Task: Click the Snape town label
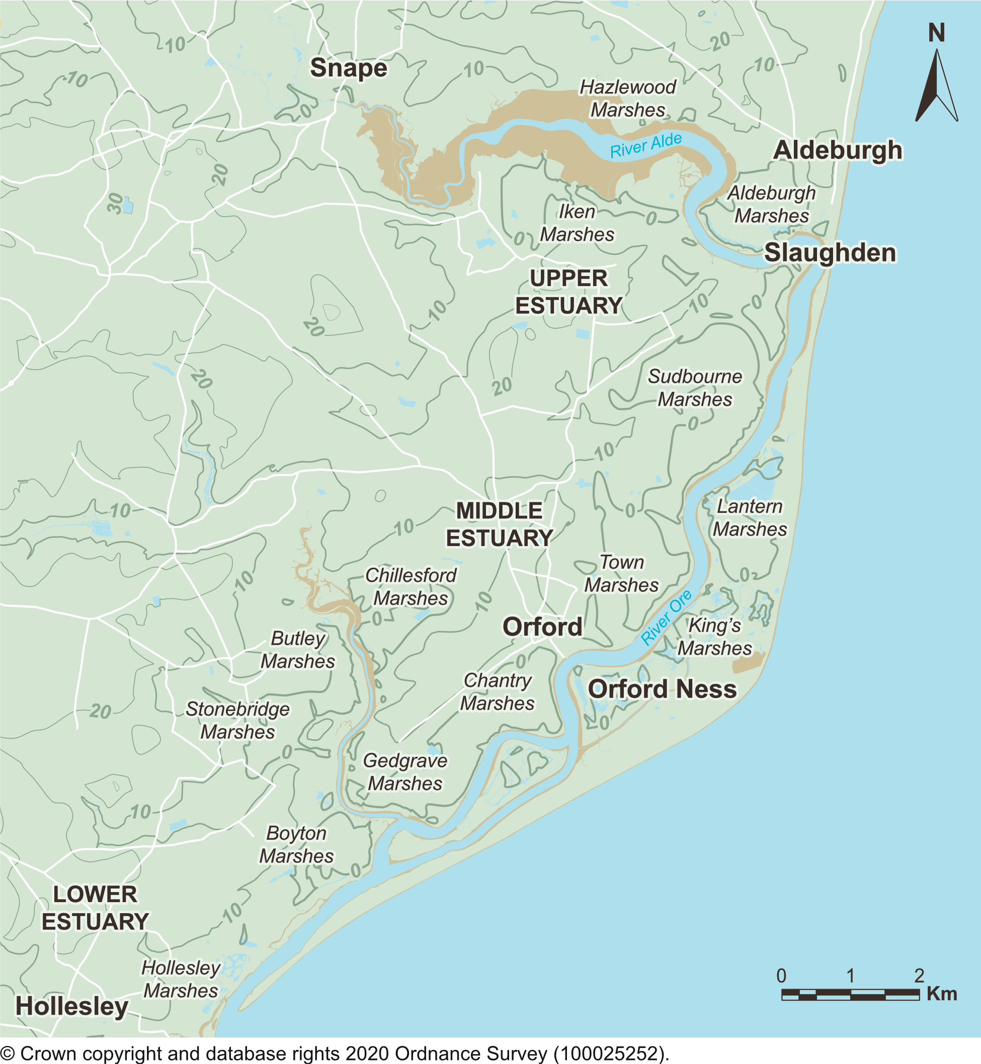(349, 68)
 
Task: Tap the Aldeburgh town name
(838, 150)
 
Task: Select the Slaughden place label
(830, 252)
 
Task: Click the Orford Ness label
(662, 689)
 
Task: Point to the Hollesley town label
(71, 1006)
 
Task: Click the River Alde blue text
(645, 145)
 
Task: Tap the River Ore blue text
(666, 617)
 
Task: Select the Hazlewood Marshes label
(627, 99)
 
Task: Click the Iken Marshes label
(577, 223)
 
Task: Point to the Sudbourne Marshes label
(694, 388)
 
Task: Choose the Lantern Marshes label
(750, 518)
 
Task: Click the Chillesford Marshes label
(411, 586)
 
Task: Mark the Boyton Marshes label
(296, 844)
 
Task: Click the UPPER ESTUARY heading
(568, 292)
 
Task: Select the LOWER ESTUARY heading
(95, 908)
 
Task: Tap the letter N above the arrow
(936, 33)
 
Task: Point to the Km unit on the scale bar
(942, 994)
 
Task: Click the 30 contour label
(115, 203)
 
